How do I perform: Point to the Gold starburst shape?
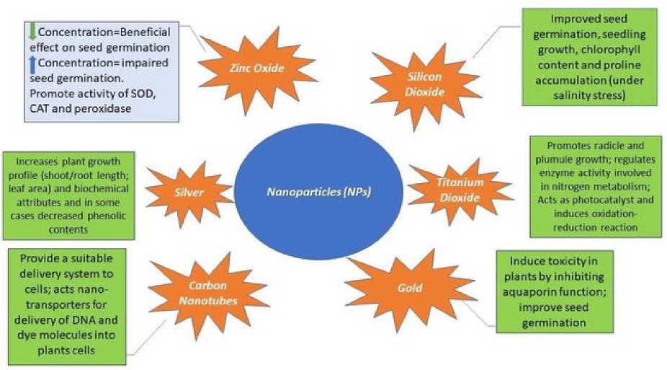(x=410, y=288)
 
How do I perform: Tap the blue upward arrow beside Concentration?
(x=32, y=63)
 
